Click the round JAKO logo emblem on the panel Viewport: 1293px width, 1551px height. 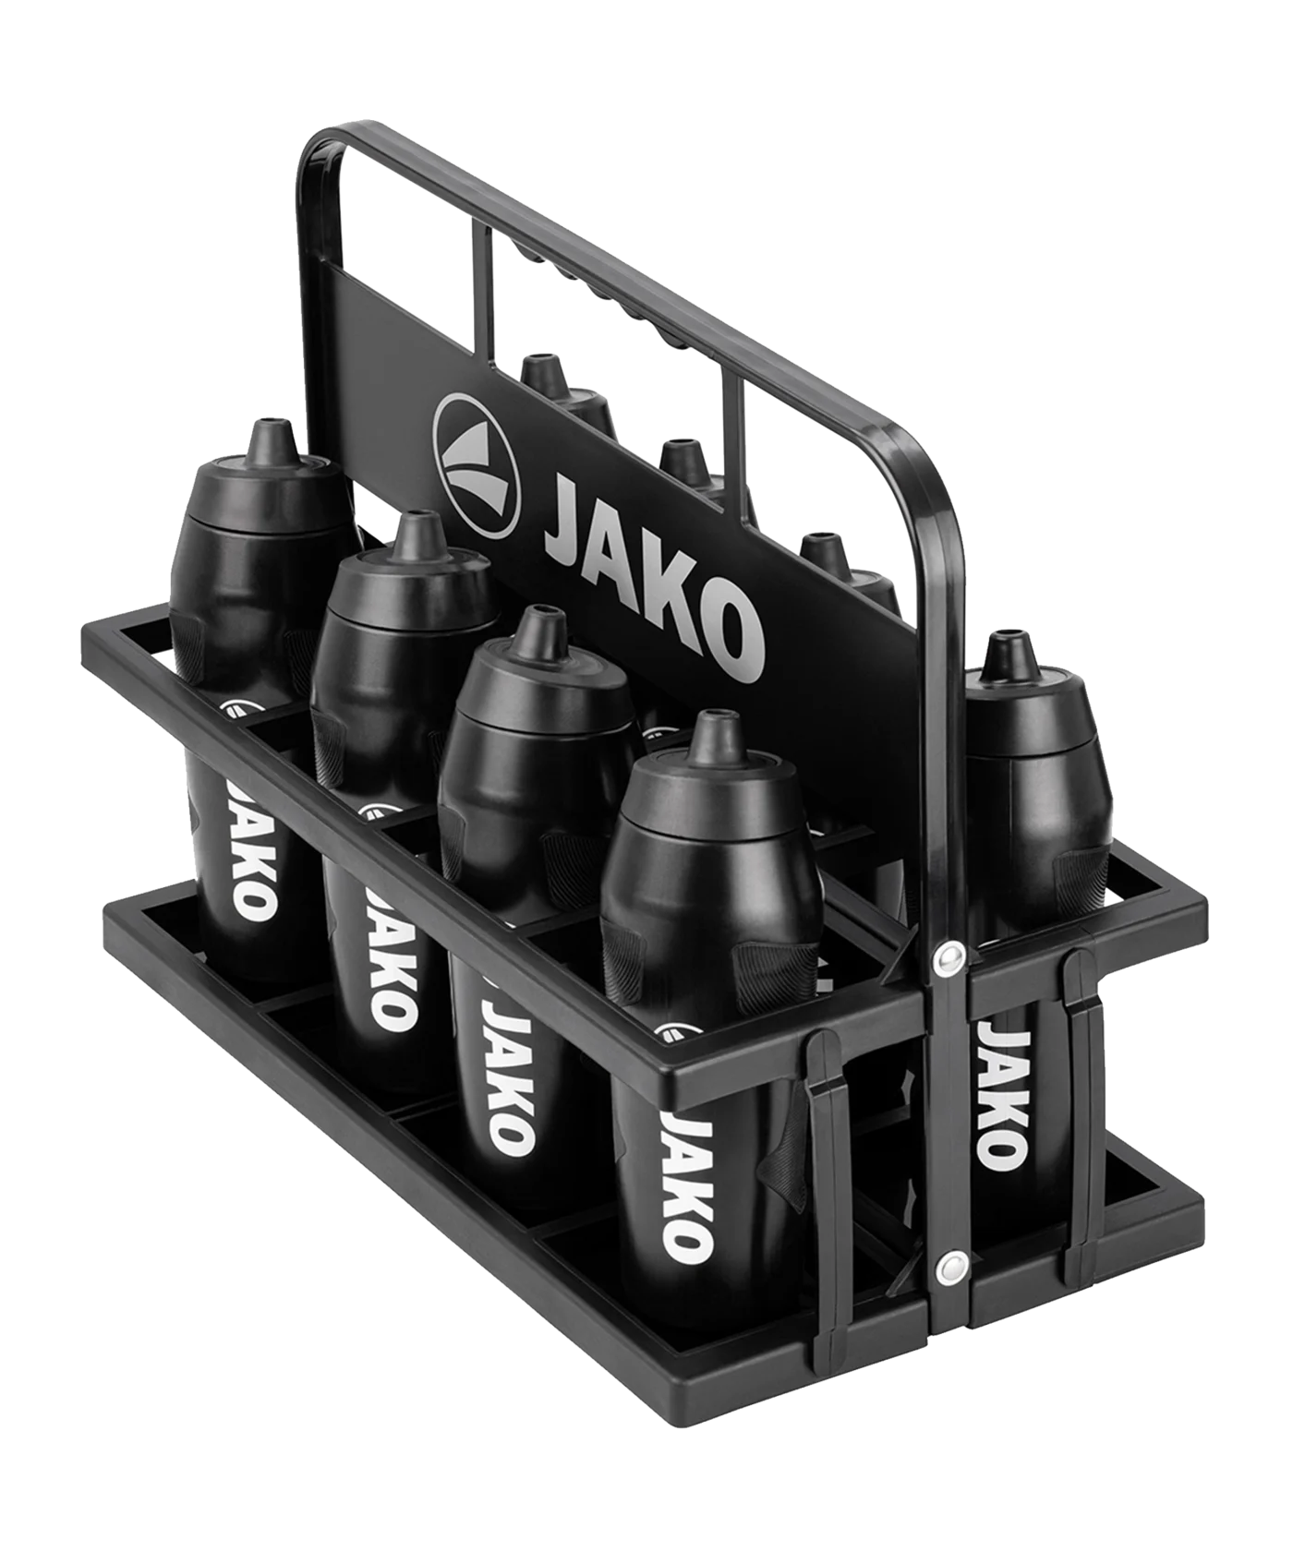pos(477,466)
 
